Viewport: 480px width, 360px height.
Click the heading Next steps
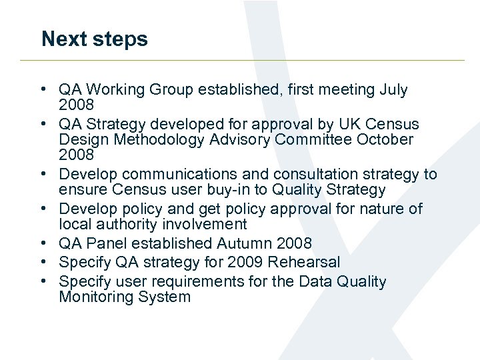coord(94,39)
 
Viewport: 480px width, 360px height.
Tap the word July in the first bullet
coord(393,90)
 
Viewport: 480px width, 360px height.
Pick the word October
coord(385,140)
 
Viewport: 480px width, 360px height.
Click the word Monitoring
coord(95,297)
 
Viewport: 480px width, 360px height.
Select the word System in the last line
coord(163,297)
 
